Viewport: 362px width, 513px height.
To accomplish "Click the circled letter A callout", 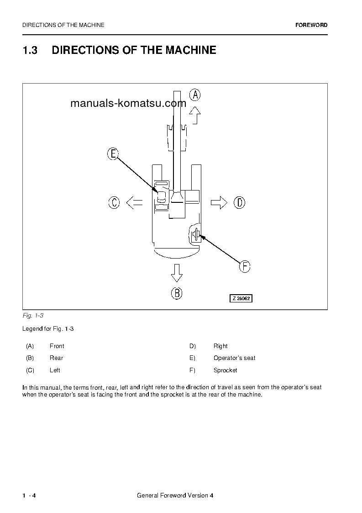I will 195,95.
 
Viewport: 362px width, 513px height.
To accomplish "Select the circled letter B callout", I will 177,293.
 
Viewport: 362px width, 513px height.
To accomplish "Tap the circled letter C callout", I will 114,202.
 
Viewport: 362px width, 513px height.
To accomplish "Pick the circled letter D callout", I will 239,202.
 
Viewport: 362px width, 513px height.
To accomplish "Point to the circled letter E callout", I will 113,154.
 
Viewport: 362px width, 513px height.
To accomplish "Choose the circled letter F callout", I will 245,266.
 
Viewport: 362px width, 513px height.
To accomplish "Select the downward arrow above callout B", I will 177,273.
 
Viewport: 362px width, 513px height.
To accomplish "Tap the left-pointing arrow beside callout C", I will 134,202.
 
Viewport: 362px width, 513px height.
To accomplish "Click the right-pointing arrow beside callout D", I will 219,202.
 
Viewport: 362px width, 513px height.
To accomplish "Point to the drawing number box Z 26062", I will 241,298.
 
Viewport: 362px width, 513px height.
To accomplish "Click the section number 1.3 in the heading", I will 30,50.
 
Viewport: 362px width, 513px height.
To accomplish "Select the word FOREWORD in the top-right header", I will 311,25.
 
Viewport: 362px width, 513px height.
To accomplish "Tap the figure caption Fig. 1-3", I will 32,316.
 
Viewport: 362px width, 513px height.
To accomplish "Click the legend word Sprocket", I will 225,370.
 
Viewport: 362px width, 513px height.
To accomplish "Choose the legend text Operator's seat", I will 234,358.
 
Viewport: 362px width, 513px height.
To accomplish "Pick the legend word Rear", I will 56,358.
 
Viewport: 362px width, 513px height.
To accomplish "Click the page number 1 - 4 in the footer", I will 29,496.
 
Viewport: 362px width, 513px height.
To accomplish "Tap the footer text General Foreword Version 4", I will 175,496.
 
